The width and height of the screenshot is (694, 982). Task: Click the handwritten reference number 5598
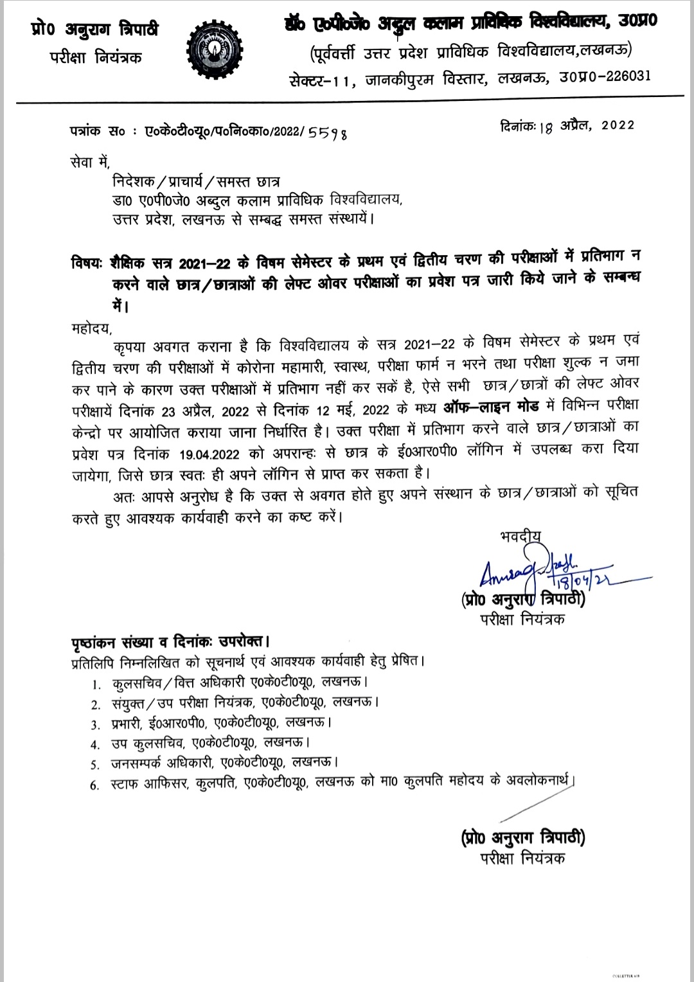[328, 133]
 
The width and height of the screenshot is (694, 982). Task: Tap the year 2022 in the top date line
[618, 125]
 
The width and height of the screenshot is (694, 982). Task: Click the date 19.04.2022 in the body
[209, 454]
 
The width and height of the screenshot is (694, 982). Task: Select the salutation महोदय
[91, 328]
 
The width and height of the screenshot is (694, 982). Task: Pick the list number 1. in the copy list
[96, 683]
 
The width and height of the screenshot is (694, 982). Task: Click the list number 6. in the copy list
[96, 785]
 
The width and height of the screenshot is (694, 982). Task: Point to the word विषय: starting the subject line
[87, 263]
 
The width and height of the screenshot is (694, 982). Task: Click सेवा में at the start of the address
[91, 163]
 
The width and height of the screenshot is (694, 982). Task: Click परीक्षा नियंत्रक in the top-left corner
[96, 57]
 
